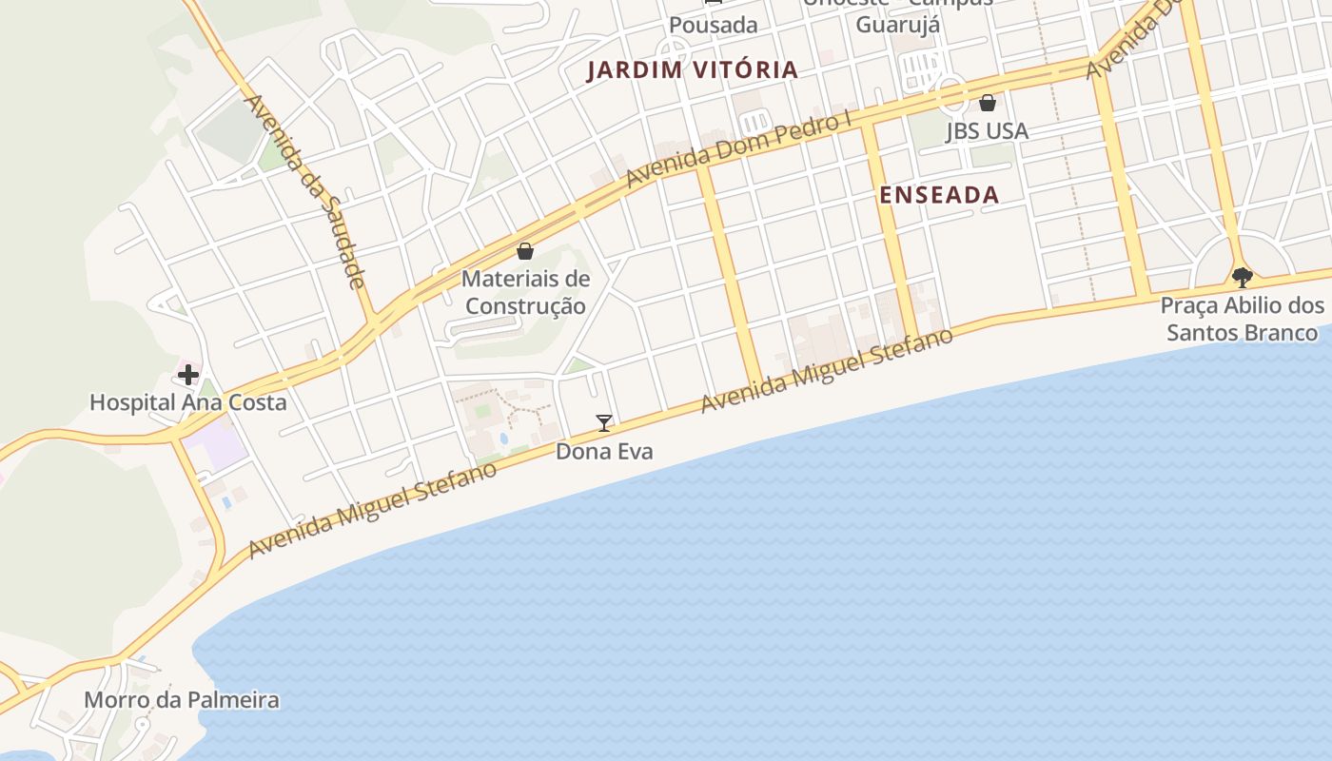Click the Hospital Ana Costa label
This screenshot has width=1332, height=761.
pos(187,402)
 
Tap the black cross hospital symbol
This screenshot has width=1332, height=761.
pos(187,374)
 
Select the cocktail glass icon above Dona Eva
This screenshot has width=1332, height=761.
pos(603,423)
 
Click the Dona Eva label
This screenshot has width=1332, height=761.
pos(604,451)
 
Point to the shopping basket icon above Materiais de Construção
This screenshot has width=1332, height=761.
pos(524,251)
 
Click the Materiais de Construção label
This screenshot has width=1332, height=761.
pos(524,293)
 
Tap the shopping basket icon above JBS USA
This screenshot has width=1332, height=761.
pos(987,103)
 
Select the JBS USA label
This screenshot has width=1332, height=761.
pos(987,131)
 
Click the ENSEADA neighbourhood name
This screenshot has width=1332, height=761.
pos(938,195)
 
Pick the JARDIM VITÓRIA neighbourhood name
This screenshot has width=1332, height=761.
pos(692,69)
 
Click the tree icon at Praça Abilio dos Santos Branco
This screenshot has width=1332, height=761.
pos(1242,278)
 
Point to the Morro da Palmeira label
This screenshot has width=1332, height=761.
pos(182,701)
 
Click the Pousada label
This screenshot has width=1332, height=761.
pos(714,25)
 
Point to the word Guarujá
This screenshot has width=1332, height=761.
pos(897,25)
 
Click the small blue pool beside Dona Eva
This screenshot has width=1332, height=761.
pos(503,439)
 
